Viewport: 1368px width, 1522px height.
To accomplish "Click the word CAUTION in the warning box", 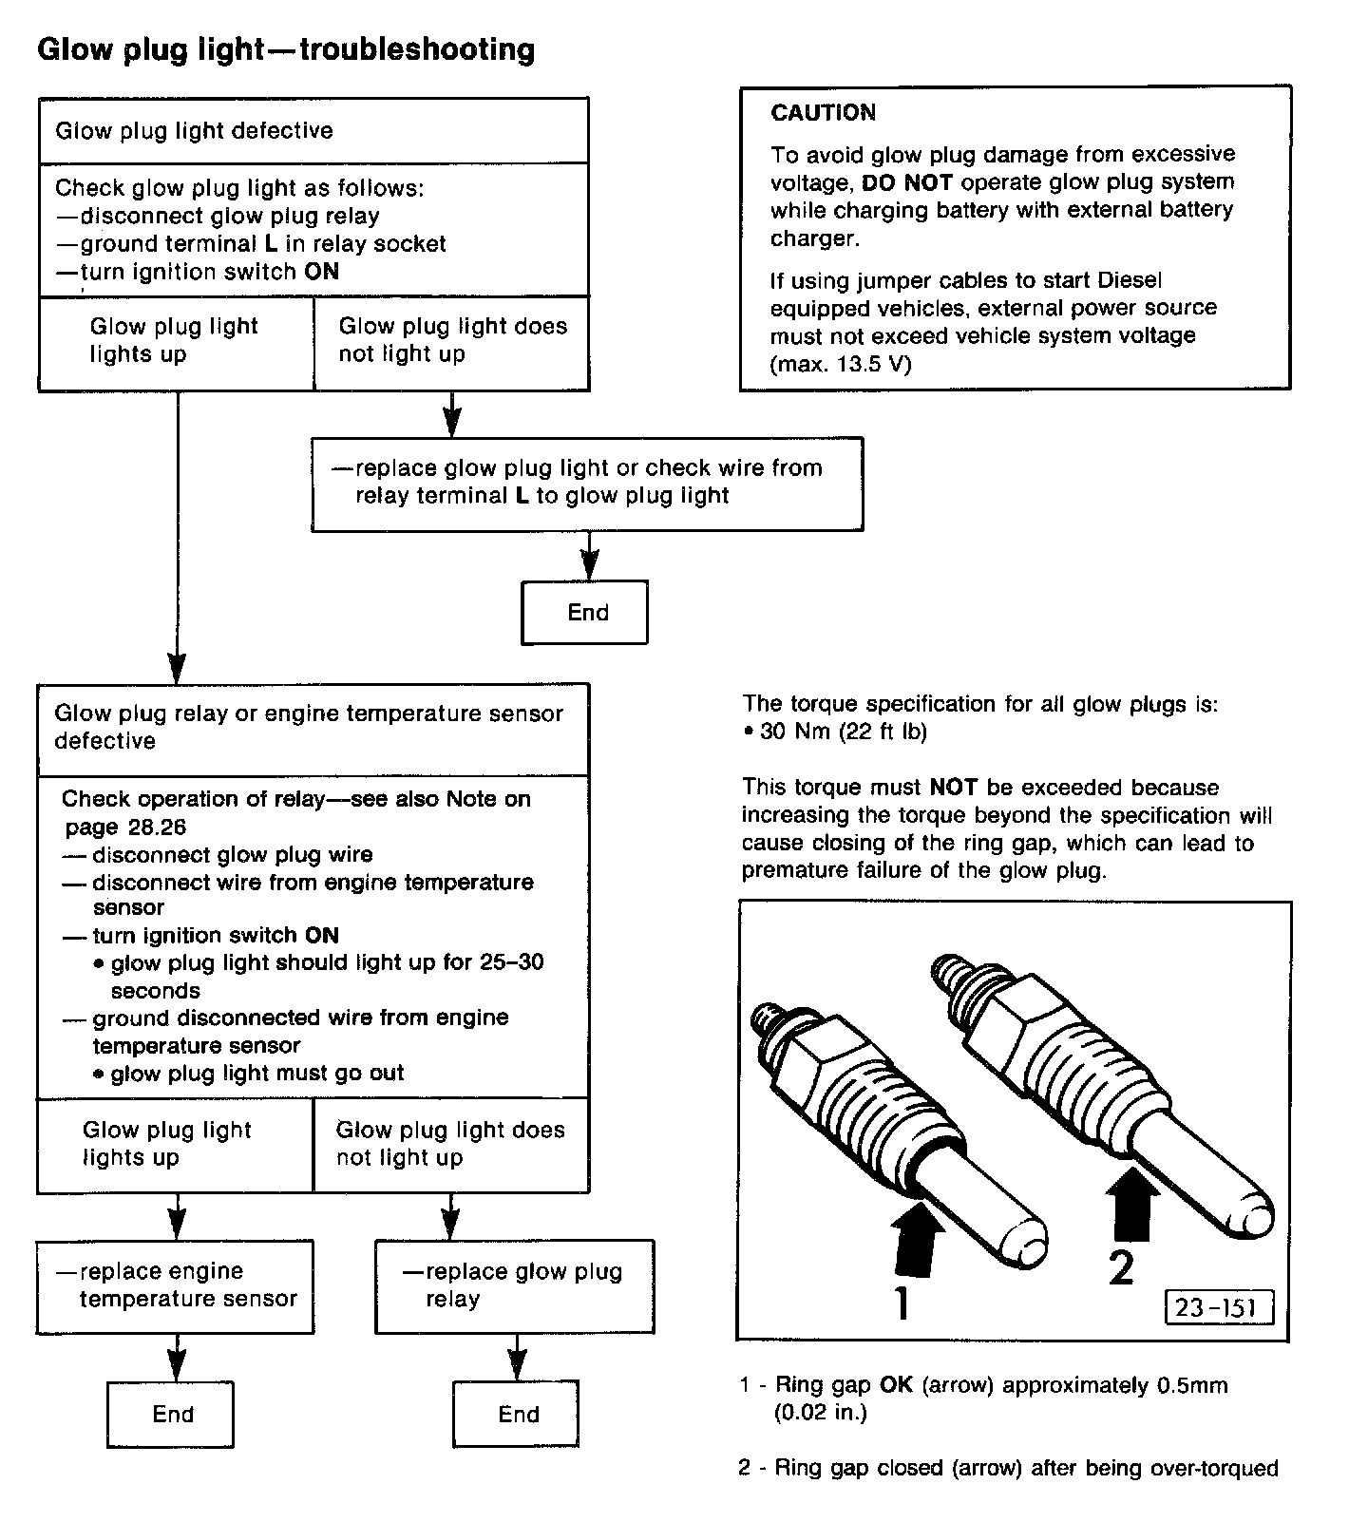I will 823,113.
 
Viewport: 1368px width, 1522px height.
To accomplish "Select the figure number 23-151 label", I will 1218,1307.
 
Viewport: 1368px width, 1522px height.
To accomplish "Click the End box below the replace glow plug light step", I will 585,613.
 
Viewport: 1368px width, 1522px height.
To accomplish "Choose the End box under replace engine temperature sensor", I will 171,1415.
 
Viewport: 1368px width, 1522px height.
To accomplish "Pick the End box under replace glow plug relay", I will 516,1415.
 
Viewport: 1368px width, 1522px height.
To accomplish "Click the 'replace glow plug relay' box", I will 514,1285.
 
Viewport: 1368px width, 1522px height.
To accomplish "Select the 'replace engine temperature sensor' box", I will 176,1285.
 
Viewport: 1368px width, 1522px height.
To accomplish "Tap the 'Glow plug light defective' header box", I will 313,131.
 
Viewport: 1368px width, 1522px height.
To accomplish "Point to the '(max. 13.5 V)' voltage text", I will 840,364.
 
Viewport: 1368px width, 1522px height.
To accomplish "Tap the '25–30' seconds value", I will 512,962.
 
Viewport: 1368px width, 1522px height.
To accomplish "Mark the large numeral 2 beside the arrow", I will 1122,1266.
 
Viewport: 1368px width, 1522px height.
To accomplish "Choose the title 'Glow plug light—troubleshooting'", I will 286,49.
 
